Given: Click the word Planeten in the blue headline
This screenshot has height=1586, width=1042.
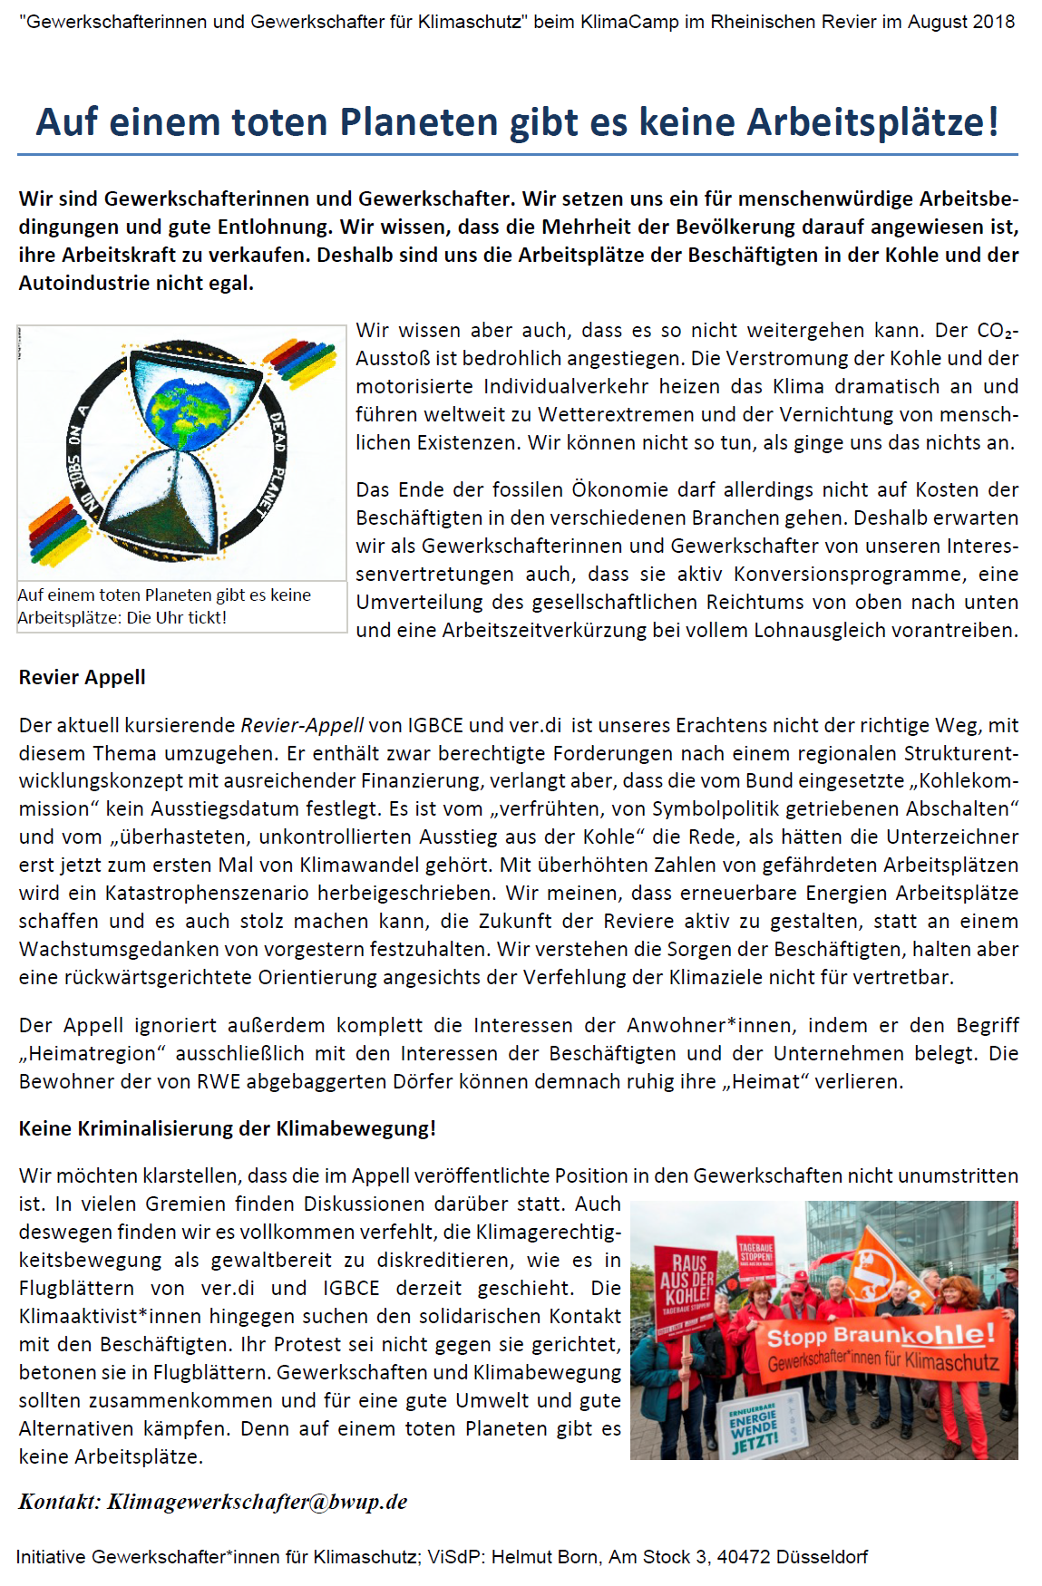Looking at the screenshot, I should [x=419, y=122].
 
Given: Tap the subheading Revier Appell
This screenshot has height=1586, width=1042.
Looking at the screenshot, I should [x=82, y=677].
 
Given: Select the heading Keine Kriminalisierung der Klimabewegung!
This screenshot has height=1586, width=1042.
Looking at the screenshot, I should [x=227, y=1128].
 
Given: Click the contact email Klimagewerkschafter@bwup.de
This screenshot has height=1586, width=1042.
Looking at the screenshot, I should [x=258, y=1502].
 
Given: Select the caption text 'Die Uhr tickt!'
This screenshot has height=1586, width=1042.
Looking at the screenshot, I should [x=176, y=618].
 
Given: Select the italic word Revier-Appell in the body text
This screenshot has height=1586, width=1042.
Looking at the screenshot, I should [x=302, y=725].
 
